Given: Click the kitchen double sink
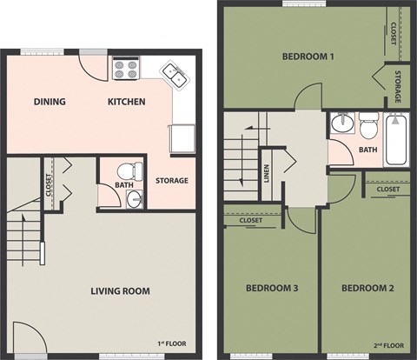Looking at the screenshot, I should [x=175, y=77].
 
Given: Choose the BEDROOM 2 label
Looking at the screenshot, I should [x=367, y=288].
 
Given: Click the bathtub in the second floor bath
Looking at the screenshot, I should [x=397, y=140].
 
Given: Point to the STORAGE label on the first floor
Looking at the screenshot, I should [x=172, y=181].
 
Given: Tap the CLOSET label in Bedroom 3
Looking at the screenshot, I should [x=250, y=221].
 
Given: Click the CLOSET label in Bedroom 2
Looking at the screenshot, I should [x=388, y=189].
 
